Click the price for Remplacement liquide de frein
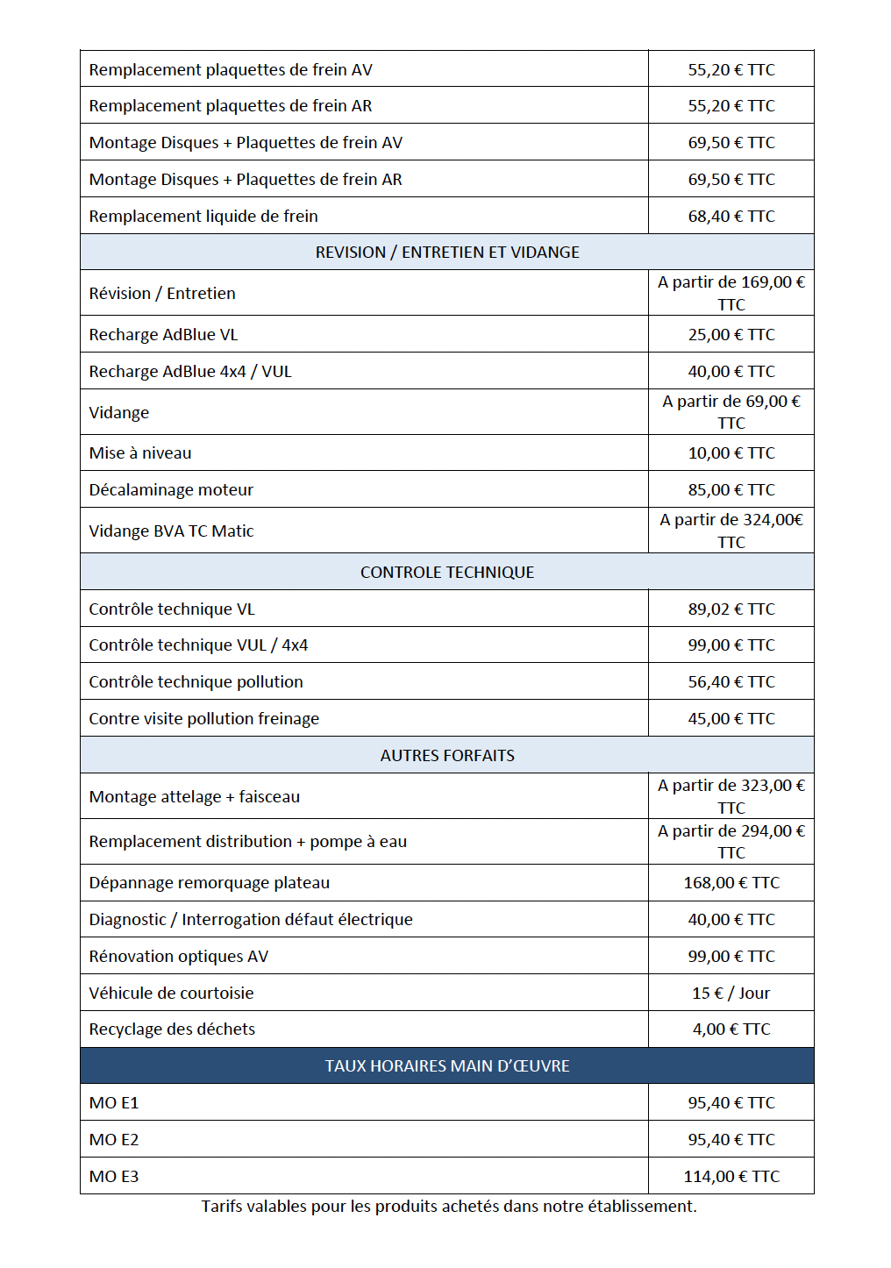coord(731,216)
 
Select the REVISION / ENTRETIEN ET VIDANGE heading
coord(447,253)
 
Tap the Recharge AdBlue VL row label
coord(163,335)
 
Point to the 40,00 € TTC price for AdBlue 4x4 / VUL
coord(731,372)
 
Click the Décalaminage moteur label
coord(171,490)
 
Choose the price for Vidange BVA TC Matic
coord(731,531)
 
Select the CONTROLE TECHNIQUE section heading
coord(447,573)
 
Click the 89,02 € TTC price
coord(731,609)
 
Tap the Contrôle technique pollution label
coord(196,682)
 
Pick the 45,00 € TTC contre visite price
coord(731,719)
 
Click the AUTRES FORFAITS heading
coord(447,756)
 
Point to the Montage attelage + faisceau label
coord(194,797)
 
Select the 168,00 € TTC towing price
coord(731,883)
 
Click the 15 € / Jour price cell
coord(731,994)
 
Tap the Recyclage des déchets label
coord(172,1029)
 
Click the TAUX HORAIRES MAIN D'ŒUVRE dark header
coord(447,1066)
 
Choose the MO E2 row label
coord(114,1140)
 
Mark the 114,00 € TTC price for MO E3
coord(731,1177)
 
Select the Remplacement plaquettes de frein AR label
coord(230,106)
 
